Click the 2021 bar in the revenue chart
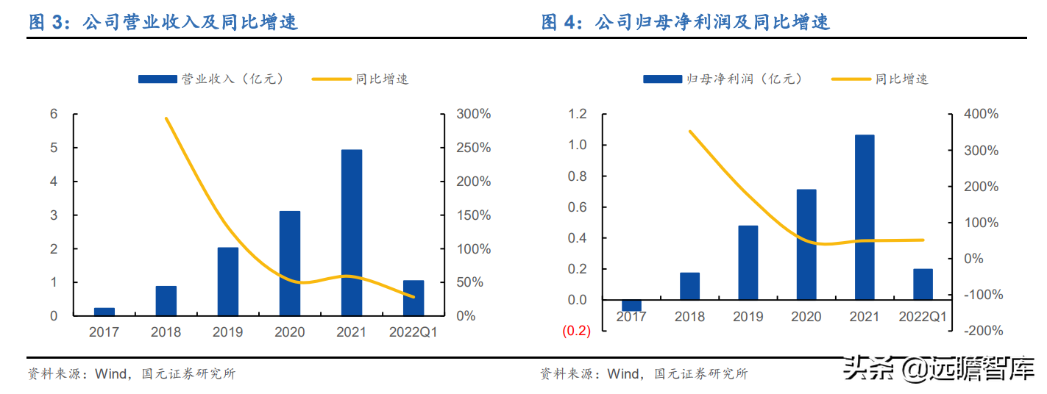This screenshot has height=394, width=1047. click(351, 232)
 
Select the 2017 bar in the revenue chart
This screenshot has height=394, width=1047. click(104, 312)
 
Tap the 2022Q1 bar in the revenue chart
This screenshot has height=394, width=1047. click(414, 298)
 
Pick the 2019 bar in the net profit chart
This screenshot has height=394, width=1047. click(748, 262)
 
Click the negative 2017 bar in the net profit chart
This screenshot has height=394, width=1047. click(631, 305)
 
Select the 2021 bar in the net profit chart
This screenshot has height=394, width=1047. click(865, 217)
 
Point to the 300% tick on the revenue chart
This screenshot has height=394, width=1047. click(474, 114)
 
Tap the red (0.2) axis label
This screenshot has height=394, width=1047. click(576, 332)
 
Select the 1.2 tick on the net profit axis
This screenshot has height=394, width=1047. click(578, 114)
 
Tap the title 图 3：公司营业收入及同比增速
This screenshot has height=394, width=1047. click(163, 22)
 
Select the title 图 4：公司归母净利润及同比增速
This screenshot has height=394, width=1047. click(686, 22)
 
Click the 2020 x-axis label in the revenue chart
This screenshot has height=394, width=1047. click(289, 332)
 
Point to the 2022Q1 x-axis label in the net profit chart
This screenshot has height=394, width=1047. click(923, 317)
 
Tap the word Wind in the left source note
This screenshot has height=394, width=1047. click(110, 374)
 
